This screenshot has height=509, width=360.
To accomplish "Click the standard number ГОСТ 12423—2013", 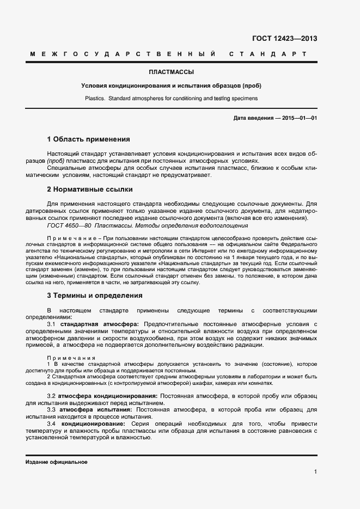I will click(284, 39).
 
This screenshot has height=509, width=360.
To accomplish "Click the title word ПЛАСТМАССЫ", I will click(172, 72).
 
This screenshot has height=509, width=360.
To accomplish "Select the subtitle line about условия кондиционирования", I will click(171, 86).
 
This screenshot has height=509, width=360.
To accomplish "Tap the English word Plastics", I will click(95, 99).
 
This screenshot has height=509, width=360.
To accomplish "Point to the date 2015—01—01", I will click(300, 118).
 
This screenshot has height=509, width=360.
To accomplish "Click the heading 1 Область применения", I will click(88, 139).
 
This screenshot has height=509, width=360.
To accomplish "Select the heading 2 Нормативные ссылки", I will click(90, 189).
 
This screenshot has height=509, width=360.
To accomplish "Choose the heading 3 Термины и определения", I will click(95, 296).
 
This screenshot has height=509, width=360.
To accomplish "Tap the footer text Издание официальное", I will click(56, 462).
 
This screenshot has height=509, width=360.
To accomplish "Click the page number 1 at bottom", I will click(315, 472).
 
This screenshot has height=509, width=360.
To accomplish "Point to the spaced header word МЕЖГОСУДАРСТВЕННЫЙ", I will click(123, 54).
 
